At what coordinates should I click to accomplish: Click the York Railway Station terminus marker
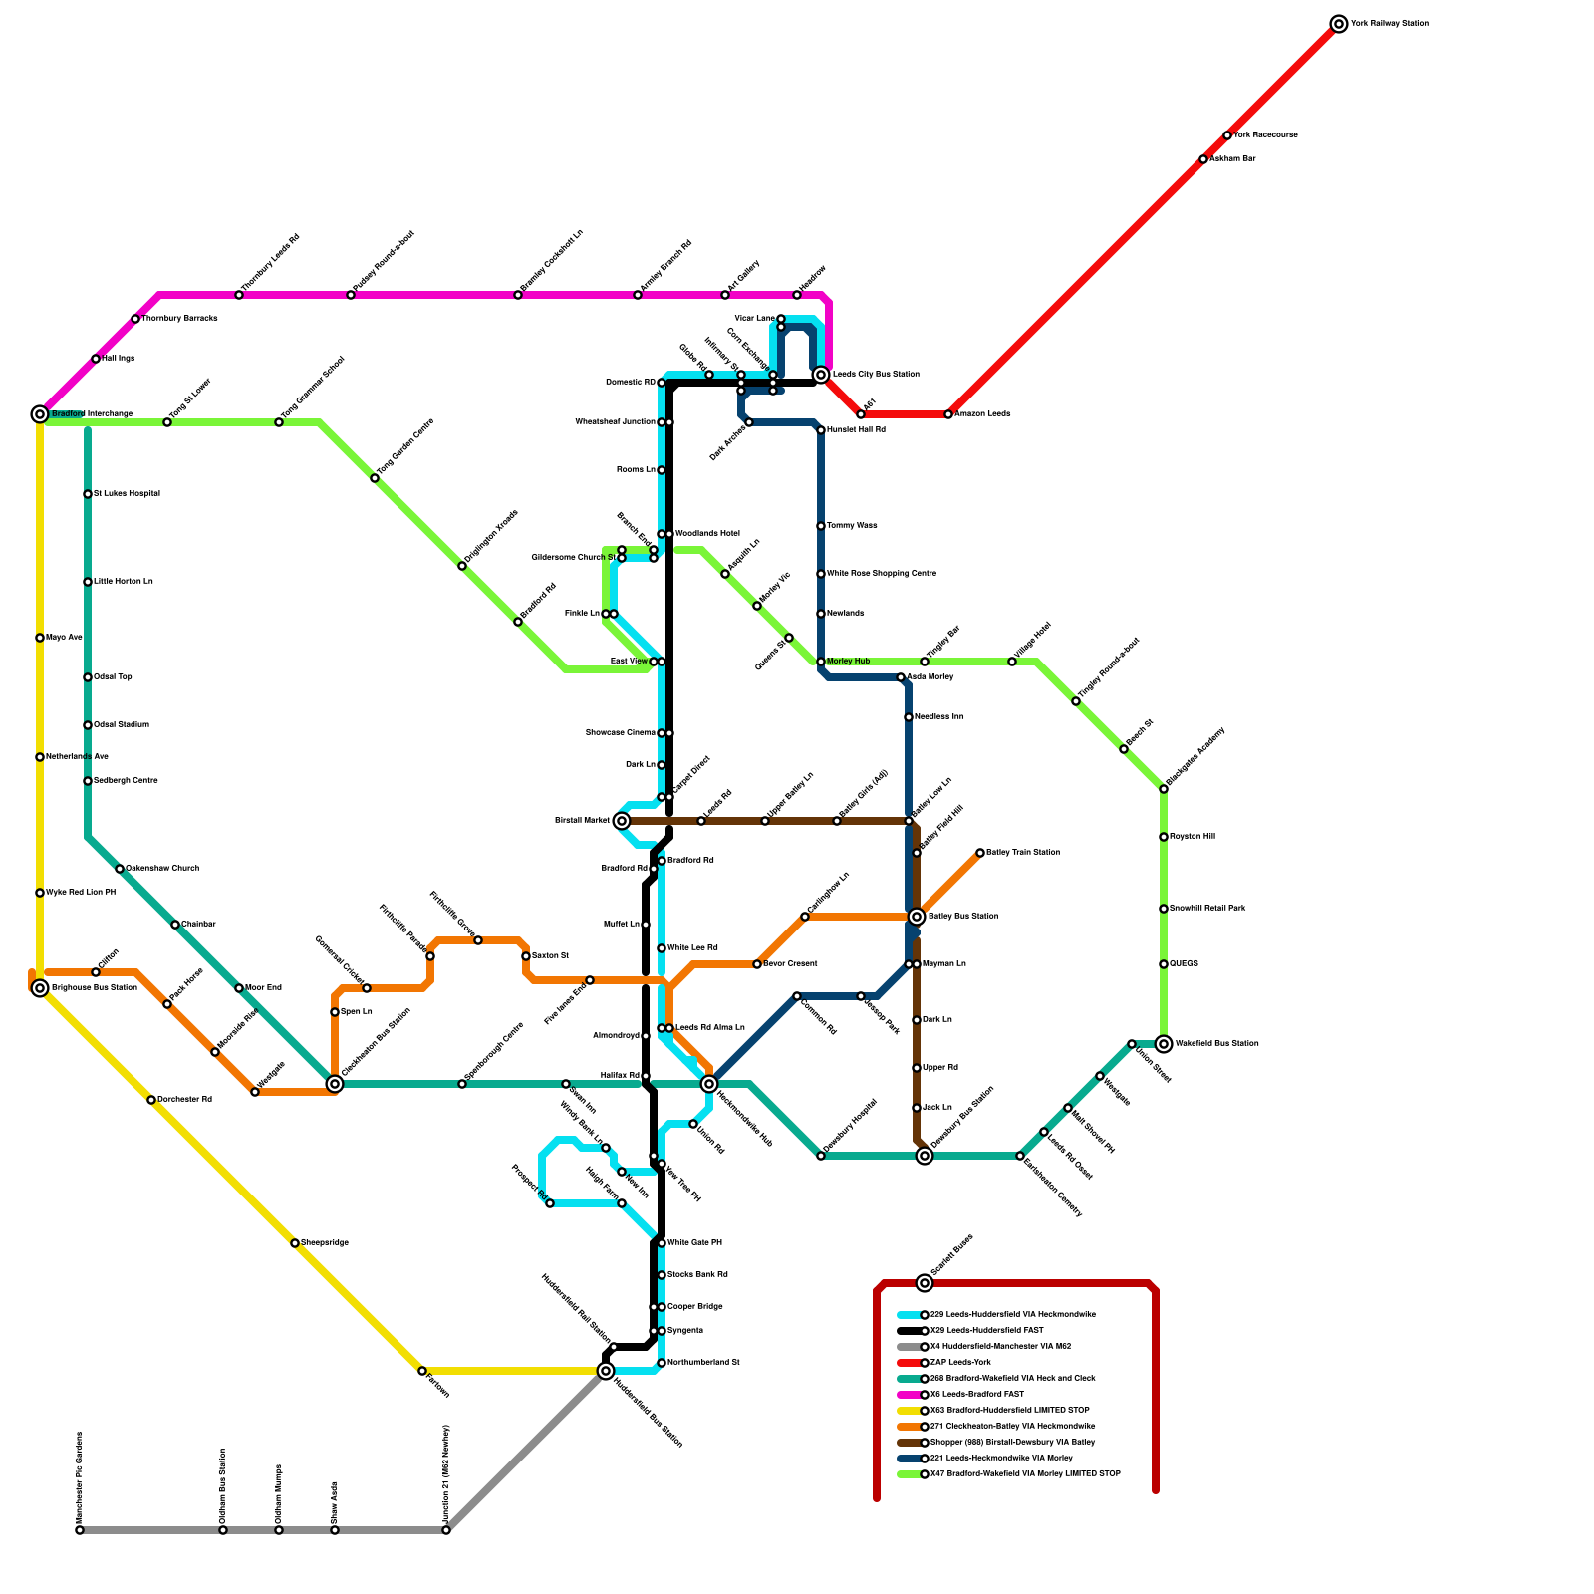coord(1339,24)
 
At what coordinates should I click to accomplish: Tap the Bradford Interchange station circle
coord(40,414)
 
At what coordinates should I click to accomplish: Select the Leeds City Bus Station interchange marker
coord(821,375)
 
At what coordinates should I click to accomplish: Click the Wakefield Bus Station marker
coord(1164,1044)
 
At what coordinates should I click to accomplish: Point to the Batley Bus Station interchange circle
coord(917,917)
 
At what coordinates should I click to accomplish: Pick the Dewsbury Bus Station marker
coord(925,1156)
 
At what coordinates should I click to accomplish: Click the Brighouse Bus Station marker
coord(40,988)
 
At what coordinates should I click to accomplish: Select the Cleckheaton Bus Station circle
coord(335,1084)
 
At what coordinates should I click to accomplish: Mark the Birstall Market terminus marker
coord(622,821)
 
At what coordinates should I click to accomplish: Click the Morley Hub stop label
coord(848,662)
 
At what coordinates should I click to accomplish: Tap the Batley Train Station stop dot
coord(980,853)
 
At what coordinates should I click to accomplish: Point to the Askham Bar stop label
coord(1233,159)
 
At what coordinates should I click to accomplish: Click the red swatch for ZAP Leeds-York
coord(908,1363)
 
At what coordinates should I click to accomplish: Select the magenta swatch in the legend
coord(908,1395)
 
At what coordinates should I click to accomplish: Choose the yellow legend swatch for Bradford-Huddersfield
coord(908,1411)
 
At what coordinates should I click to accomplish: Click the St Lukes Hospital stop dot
coord(88,494)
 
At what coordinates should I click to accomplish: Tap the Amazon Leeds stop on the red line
coord(948,414)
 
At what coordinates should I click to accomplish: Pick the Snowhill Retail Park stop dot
coord(1164,909)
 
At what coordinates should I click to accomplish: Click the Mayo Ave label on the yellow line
coord(64,638)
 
